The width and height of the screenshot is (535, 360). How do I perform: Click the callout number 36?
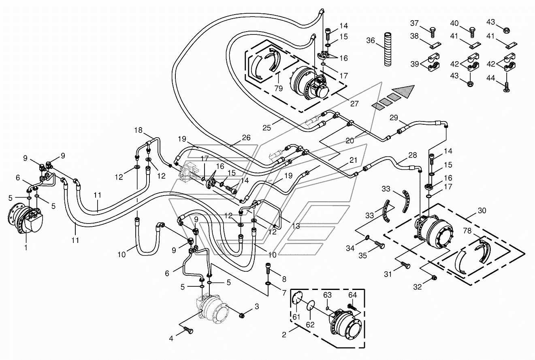(371, 40)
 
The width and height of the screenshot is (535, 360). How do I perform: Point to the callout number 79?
(279, 88)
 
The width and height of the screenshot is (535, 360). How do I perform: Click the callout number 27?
(354, 103)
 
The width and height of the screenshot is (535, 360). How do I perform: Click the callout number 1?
(26, 248)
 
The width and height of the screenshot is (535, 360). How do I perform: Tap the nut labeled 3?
(241, 315)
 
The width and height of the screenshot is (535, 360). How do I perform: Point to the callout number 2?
(284, 334)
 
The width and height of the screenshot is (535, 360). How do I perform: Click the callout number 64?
(352, 295)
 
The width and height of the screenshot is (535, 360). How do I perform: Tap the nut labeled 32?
(435, 277)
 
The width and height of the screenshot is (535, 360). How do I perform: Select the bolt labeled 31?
(405, 265)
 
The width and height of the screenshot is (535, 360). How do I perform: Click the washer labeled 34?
(367, 237)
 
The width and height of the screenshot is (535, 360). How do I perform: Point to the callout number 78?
(467, 230)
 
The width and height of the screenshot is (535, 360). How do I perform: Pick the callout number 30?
(482, 211)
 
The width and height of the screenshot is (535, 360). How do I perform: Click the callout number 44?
(490, 78)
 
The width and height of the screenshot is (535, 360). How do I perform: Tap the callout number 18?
(138, 130)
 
